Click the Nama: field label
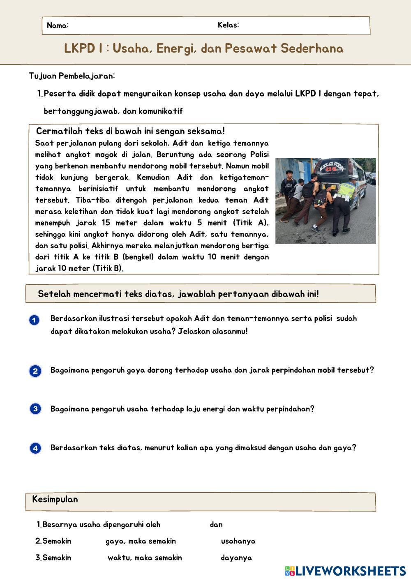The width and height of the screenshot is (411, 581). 58,25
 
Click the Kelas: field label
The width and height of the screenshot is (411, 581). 229,25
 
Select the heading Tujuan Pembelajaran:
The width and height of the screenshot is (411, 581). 72,76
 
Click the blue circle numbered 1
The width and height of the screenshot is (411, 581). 35,320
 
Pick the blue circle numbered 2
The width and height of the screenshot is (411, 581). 35,371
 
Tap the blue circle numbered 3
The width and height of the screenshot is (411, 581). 35,409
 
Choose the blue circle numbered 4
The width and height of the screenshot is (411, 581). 35,448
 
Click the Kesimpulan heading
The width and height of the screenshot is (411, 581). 55,500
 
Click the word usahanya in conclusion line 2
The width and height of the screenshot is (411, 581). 238,541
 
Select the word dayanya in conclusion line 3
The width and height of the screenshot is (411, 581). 236,558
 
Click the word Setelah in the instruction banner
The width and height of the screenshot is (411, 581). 54,294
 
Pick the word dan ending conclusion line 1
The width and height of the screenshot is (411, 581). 216,525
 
